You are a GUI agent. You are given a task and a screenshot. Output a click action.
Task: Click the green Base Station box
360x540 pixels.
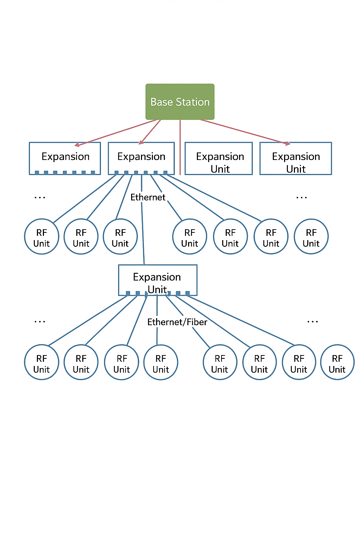(x=180, y=102)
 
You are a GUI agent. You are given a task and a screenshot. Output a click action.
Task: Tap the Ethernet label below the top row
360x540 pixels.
(x=148, y=197)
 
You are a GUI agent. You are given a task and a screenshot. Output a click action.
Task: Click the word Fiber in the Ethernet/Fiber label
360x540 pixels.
(x=197, y=322)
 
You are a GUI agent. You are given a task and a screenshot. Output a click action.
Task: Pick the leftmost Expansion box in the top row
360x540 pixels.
(x=65, y=158)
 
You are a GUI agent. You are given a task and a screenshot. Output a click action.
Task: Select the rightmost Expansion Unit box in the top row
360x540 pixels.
(x=296, y=159)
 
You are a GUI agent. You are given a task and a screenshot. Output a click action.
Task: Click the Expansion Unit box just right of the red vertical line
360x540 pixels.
(x=219, y=159)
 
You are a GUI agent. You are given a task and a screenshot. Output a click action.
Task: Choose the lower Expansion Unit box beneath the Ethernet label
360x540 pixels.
(x=157, y=280)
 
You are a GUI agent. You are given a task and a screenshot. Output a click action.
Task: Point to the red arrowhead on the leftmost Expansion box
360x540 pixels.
(x=77, y=144)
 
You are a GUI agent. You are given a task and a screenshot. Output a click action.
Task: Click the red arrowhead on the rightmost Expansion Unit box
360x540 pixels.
(x=288, y=143)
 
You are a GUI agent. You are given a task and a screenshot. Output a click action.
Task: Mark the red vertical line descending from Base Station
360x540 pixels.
(x=180, y=148)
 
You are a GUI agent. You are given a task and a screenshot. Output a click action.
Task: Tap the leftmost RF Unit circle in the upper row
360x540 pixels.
(x=41, y=237)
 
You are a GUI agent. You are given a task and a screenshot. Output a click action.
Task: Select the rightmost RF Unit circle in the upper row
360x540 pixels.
(x=311, y=237)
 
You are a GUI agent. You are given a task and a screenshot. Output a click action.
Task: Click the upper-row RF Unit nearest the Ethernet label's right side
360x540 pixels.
(x=189, y=237)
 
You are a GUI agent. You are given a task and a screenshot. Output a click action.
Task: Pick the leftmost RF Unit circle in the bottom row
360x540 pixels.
(x=41, y=362)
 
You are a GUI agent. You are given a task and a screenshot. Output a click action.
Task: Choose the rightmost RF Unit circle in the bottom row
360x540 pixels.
(x=337, y=362)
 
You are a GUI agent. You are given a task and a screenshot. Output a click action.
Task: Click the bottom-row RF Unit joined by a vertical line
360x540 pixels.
(x=161, y=362)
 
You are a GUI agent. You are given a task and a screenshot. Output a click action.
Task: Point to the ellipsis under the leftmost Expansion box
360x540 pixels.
(x=40, y=198)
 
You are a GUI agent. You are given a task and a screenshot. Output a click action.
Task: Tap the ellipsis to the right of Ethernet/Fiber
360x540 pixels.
(x=313, y=322)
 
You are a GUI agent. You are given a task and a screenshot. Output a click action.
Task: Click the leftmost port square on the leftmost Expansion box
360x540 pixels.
(x=37, y=173)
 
